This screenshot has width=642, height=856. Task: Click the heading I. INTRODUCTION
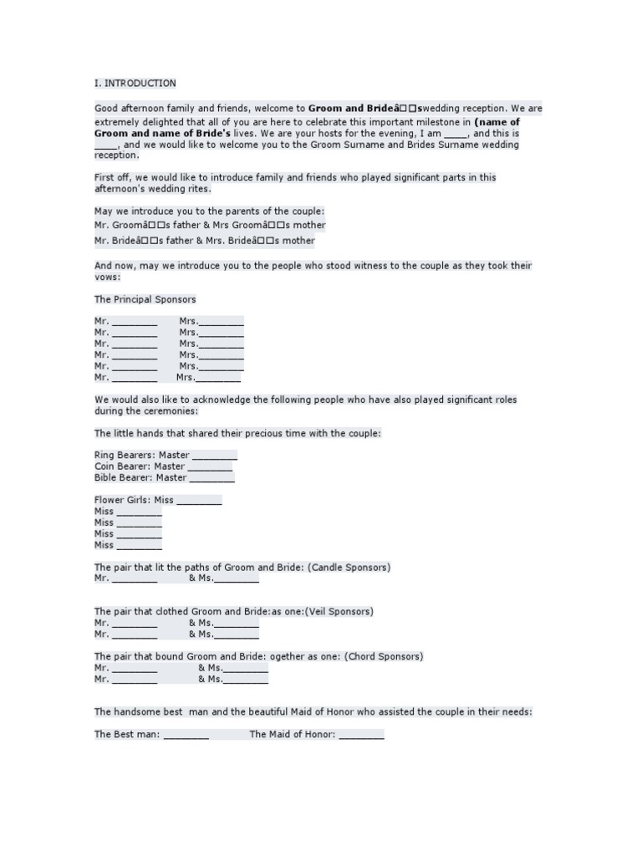135,84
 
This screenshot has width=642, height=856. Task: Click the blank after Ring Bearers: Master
214,456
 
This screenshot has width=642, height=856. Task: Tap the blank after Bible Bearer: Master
212,478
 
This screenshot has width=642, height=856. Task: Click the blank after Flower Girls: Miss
199,501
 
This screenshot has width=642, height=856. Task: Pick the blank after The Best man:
186,735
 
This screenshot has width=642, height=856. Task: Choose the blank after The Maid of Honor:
361,735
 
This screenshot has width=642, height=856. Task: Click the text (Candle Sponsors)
349,568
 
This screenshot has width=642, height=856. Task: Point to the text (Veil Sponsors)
339,612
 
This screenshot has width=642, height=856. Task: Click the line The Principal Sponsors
145,299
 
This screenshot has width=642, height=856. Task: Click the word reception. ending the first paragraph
117,155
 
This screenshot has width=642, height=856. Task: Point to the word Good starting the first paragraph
106,109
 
